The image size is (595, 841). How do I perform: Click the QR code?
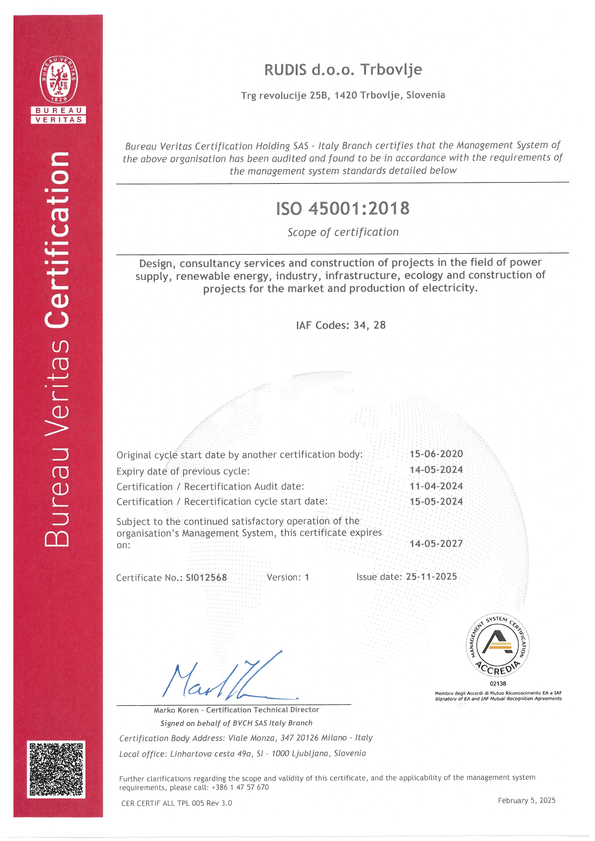pos(56,769)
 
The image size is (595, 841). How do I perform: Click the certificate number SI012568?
pos(206,578)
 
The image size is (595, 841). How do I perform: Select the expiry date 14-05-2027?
pos(436,544)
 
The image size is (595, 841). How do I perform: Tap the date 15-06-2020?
pos(436,454)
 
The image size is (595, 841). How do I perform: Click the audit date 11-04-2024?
pos(436,486)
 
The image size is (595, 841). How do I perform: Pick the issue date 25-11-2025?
pos(431,576)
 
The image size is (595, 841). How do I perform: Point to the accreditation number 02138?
pos(498,683)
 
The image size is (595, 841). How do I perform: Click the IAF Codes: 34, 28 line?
pos(341,325)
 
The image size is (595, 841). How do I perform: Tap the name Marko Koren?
pos(176,710)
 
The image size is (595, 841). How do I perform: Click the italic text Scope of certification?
pos(343,232)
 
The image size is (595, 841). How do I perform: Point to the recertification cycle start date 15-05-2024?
pos(436,501)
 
